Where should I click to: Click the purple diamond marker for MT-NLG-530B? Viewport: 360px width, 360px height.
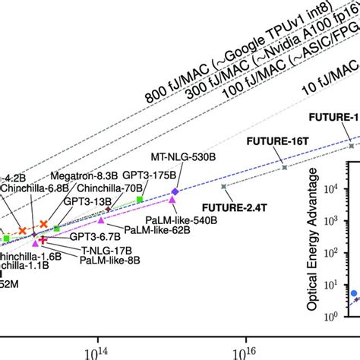point(175,193)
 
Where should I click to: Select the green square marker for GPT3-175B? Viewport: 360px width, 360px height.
point(140,200)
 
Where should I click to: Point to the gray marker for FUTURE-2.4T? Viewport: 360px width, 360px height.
point(223,186)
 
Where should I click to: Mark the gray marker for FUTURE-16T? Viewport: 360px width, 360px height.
point(284,167)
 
